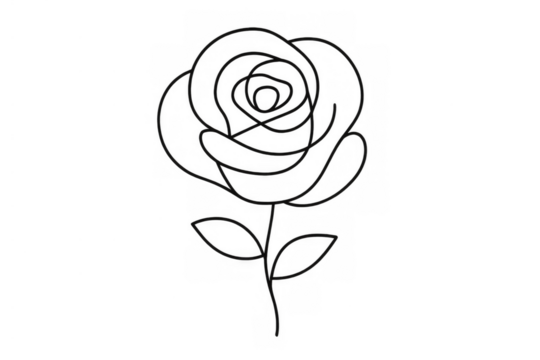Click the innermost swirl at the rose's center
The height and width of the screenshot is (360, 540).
[x=267, y=98]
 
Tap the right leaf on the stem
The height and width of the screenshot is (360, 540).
[x=306, y=254]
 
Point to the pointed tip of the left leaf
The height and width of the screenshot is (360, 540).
[x=191, y=219]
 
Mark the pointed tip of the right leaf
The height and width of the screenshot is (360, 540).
[x=339, y=236]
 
